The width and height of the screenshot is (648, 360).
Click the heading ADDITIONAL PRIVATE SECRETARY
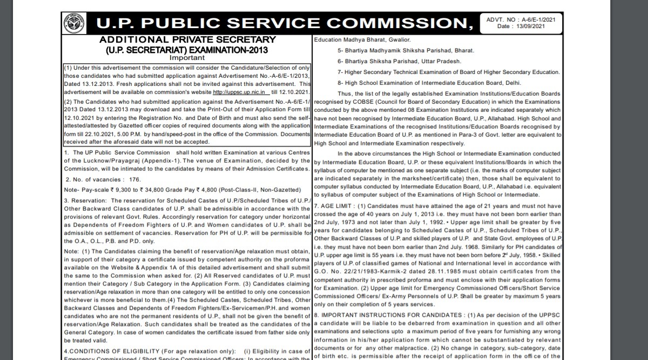coord(187,40)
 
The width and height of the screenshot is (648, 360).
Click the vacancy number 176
coord(134,179)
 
